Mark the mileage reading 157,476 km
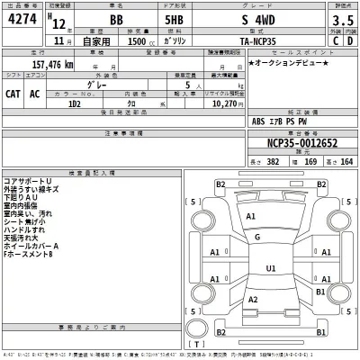[43, 66]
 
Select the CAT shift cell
[15, 93]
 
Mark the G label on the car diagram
[257, 238]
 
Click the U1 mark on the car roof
[271, 268]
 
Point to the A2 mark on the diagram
[254, 299]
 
